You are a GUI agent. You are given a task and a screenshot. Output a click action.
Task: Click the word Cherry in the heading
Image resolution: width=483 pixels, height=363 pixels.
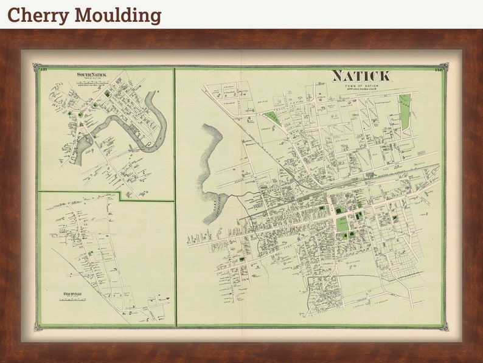pyautogui.click(x=32, y=15)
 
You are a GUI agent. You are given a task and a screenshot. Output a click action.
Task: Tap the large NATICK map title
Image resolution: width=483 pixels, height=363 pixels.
pyautogui.click(x=361, y=76)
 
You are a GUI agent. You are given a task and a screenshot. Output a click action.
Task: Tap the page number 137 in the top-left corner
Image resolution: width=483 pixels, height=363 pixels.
pyautogui.click(x=43, y=69)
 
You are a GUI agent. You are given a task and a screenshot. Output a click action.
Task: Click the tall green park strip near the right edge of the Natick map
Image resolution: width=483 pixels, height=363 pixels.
pyautogui.click(x=405, y=112)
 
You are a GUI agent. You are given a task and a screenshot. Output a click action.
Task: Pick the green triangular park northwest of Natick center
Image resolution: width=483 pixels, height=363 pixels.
pyautogui.click(x=272, y=119)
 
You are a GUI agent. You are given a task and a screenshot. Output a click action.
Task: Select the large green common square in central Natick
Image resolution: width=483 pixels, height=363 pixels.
pyautogui.click(x=343, y=223)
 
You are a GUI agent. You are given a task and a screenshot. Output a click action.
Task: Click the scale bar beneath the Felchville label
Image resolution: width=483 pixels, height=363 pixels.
pyautogui.click(x=72, y=300)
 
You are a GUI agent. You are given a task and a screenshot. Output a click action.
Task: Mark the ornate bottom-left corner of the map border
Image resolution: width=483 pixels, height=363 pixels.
pyautogui.click(x=37, y=327)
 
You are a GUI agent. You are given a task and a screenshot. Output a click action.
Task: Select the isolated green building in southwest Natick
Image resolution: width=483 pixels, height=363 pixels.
pyautogui.click(x=242, y=260)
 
